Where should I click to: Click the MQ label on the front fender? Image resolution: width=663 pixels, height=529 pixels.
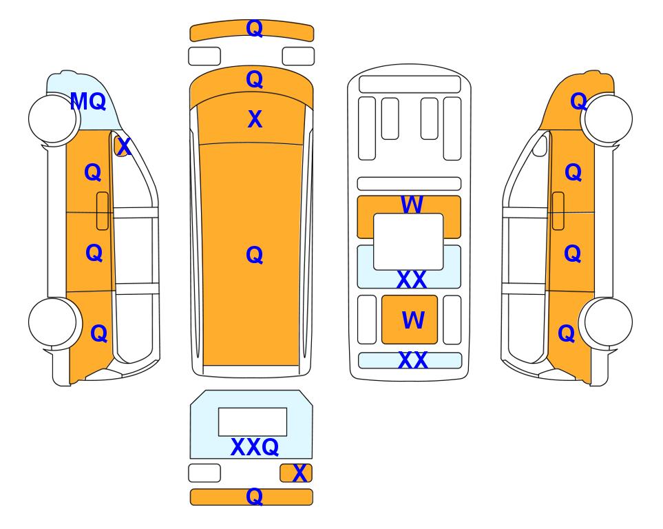pyautogui.click(x=88, y=101)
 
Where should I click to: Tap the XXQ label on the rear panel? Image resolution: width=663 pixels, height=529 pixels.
pyautogui.click(x=255, y=447)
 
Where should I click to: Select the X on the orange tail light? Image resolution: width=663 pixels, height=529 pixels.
pyautogui.click(x=299, y=473)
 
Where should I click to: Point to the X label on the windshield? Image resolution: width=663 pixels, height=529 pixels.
pyautogui.click(x=255, y=119)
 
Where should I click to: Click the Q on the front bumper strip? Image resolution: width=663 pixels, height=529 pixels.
pyautogui.click(x=254, y=28)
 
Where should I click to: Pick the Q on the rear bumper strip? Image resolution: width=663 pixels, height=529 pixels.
pyautogui.click(x=254, y=497)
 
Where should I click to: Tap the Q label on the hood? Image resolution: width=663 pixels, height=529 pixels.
pyautogui.click(x=254, y=79)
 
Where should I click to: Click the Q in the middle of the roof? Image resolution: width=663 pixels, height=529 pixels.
pyautogui.click(x=254, y=255)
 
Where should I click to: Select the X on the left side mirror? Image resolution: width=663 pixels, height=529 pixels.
pyautogui.click(x=123, y=147)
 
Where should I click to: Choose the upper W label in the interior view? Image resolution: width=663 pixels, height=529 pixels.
pyautogui.click(x=412, y=205)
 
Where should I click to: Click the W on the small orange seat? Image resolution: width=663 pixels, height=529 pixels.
pyautogui.click(x=413, y=320)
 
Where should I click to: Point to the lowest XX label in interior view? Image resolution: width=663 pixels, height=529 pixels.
pyautogui.click(x=412, y=360)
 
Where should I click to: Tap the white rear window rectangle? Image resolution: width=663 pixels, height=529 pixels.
pyautogui.click(x=253, y=422)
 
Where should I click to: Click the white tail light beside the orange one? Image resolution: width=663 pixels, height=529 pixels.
pyautogui.click(x=204, y=473)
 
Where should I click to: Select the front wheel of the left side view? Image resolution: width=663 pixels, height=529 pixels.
pyautogui.click(x=53, y=119)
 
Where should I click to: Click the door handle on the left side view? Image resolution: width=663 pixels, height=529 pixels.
pyautogui.click(x=103, y=211)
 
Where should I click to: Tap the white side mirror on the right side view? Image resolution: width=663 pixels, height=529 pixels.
pyautogui.click(x=540, y=145)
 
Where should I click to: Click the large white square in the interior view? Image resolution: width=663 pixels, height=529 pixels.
pyautogui.click(x=408, y=242)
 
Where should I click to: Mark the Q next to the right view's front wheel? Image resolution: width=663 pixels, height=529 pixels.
pyautogui.click(x=578, y=101)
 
